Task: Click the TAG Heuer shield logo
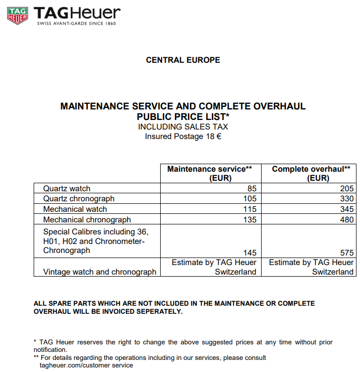tap(18, 16)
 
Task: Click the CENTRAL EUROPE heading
tap(183, 60)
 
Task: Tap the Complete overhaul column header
tap(311, 173)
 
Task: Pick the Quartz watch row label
tap(67, 189)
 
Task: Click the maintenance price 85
tap(252, 189)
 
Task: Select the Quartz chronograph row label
tap(79, 199)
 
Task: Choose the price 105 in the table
tap(250, 199)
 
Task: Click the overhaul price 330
tap(346, 199)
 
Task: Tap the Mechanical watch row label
tap(75, 209)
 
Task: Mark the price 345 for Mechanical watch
tap(346, 209)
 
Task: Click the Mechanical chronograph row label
tap(87, 219)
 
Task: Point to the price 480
tap(346, 219)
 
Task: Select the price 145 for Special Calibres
tap(250, 253)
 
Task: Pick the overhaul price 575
tap(346, 253)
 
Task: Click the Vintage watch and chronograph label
tap(99, 272)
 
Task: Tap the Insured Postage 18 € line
tap(183, 137)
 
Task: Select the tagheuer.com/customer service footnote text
tap(86, 365)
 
